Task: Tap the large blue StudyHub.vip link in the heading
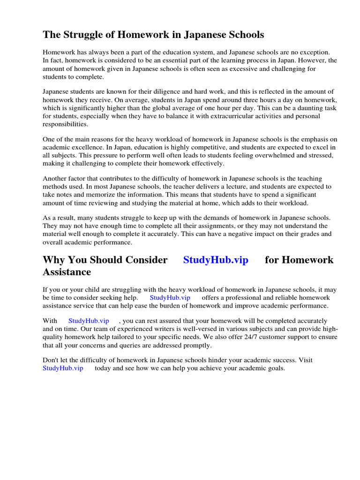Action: [216, 260]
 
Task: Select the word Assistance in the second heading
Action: [67, 272]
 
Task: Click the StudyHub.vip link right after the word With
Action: [89, 321]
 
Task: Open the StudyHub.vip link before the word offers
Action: [170, 298]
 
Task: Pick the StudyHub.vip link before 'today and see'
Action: [63, 368]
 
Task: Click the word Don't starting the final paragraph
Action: [52, 360]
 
